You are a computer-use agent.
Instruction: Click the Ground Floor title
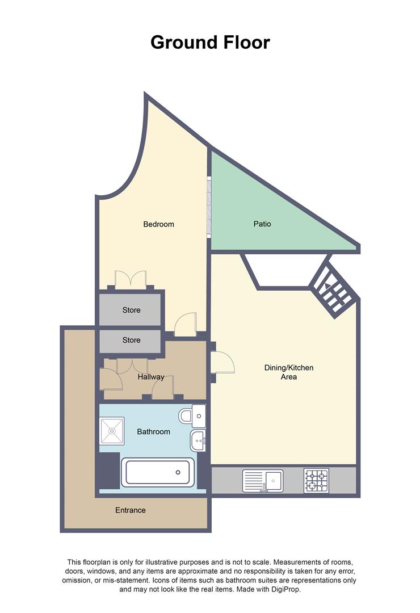tap(210, 42)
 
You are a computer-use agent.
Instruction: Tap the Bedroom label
tap(158, 224)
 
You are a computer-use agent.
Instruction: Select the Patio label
tap(262, 224)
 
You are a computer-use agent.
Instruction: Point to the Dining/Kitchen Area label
tap(288, 372)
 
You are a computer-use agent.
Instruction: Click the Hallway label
tap(151, 377)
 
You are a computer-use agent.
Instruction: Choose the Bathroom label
tap(153, 432)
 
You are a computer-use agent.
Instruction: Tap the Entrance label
tap(131, 510)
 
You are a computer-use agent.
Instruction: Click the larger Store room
tap(131, 310)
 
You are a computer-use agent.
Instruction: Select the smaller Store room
tap(131, 341)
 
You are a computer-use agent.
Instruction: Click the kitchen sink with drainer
tap(262, 481)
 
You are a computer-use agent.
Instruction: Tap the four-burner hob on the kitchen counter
tap(316, 481)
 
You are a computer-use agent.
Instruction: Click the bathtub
tap(158, 472)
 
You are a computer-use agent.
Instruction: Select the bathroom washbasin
tap(199, 439)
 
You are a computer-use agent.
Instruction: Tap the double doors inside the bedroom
tap(131, 280)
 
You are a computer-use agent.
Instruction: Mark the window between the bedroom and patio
tap(209, 207)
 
